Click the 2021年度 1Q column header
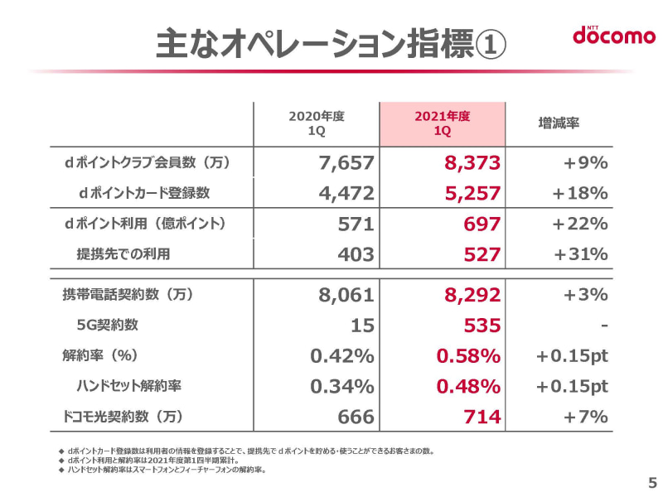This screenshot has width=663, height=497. [x=442, y=124]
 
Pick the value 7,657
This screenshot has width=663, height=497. [x=346, y=163]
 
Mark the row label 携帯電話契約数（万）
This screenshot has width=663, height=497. [x=128, y=295]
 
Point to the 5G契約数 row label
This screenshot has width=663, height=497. [x=109, y=326]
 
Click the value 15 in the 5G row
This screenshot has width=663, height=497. [x=362, y=326]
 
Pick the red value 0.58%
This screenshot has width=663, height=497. [x=467, y=356]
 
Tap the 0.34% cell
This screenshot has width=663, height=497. [x=342, y=387]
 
